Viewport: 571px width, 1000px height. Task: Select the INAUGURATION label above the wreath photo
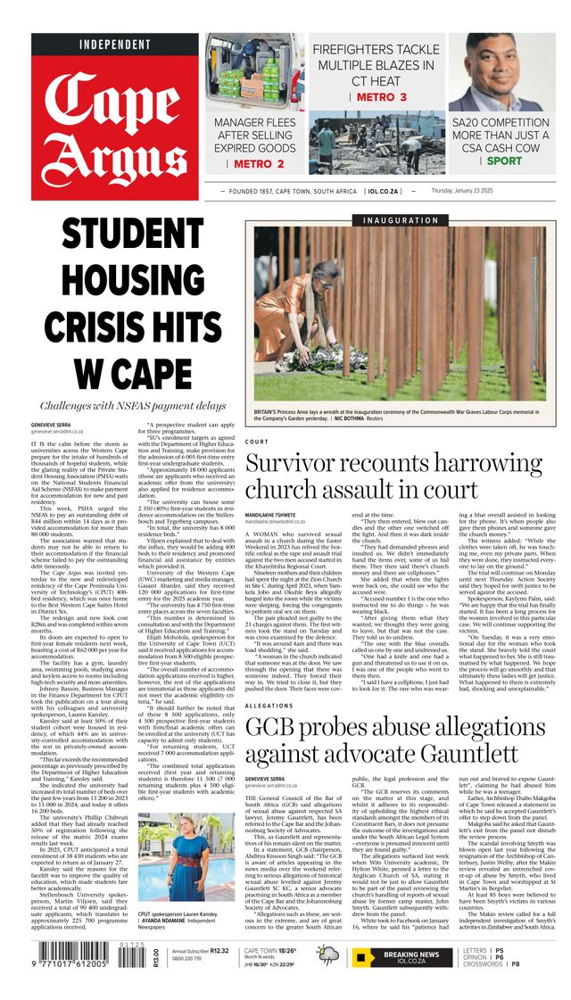401,220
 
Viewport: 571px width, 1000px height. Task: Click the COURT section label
256,442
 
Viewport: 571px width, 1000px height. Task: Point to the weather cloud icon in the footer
327,955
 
